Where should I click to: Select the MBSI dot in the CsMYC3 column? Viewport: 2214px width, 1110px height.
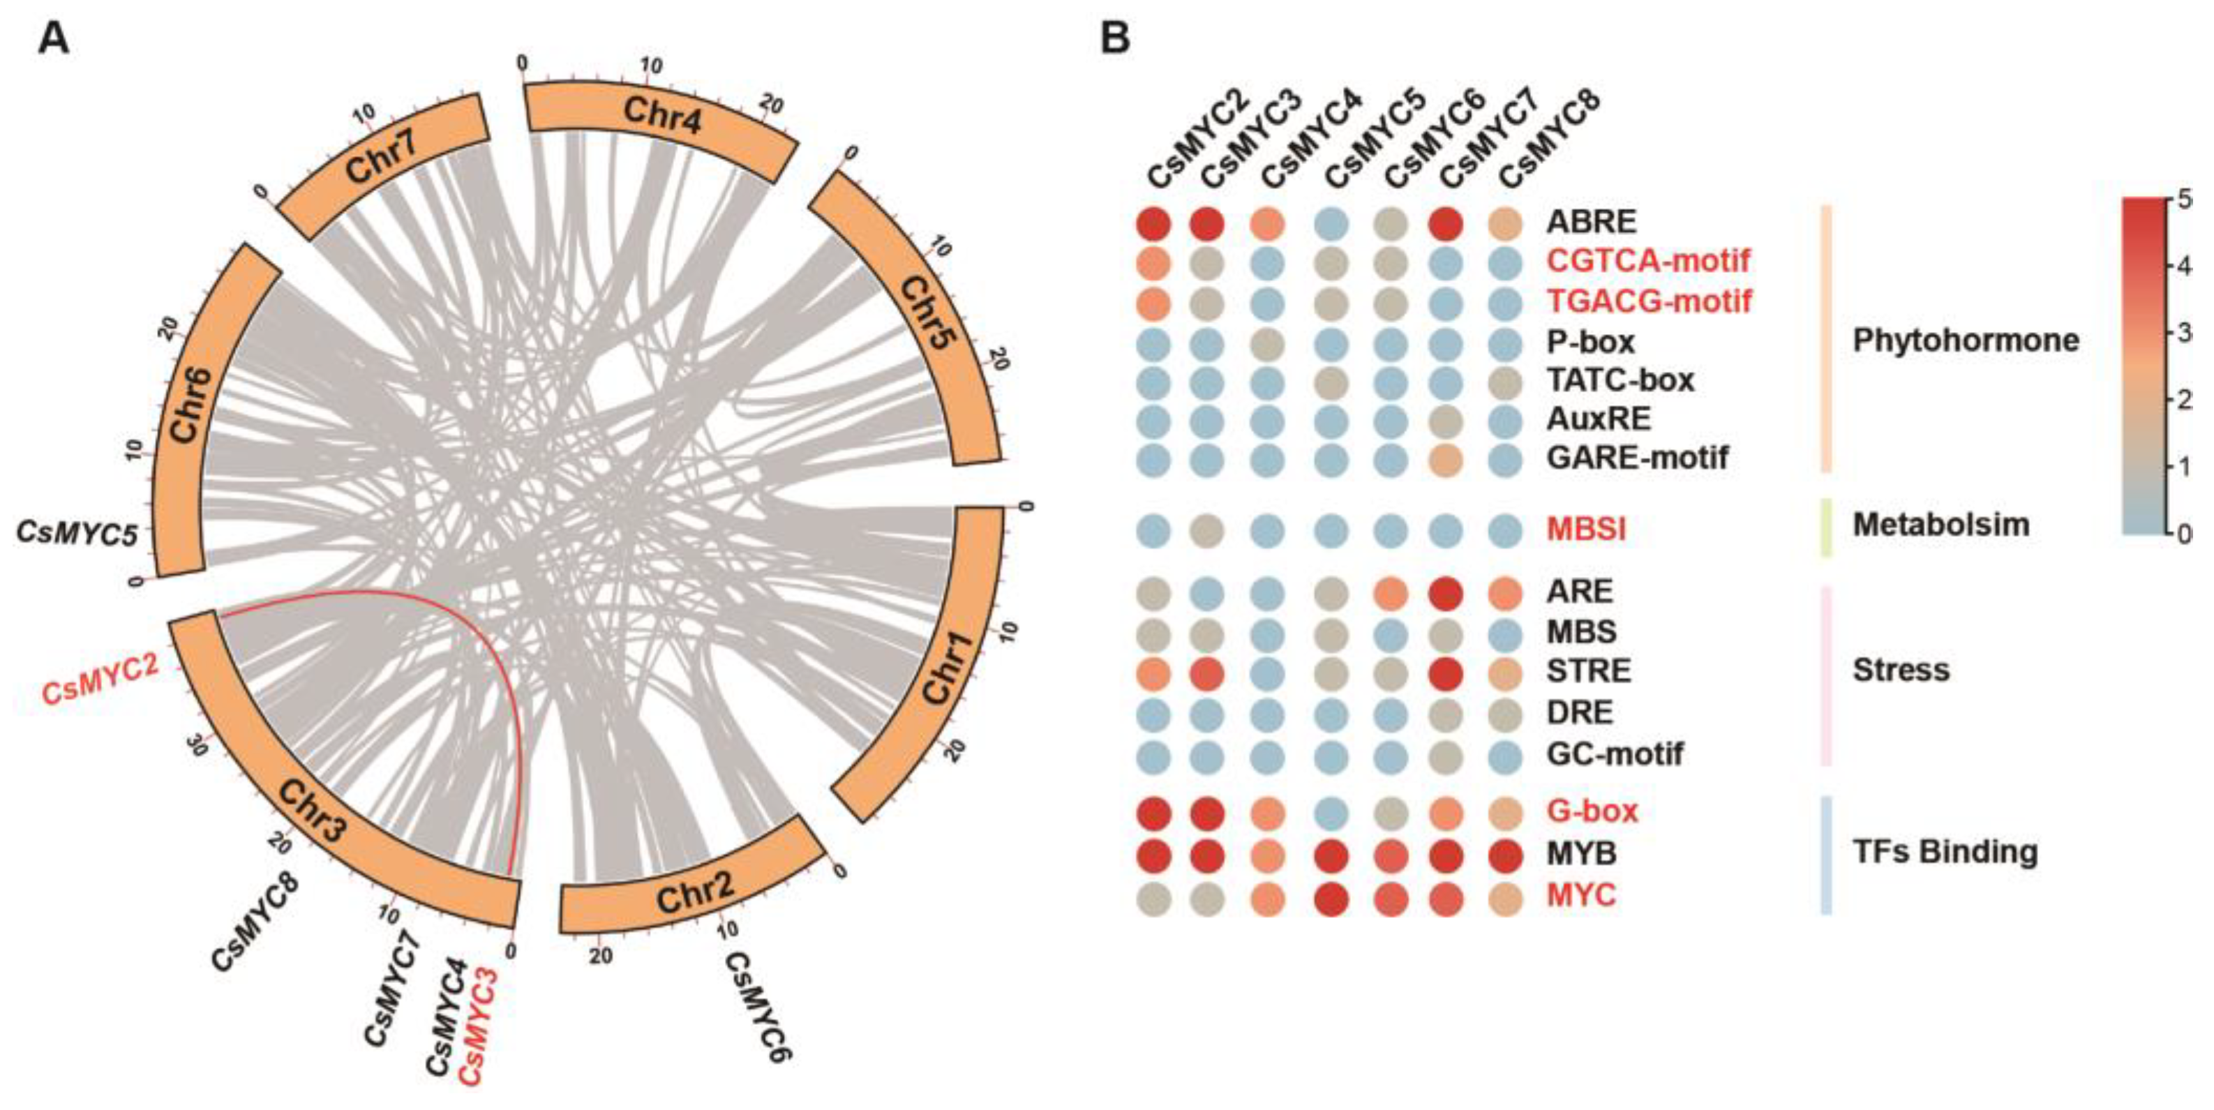[1208, 530]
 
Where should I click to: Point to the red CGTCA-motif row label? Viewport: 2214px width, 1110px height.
[1647, 260]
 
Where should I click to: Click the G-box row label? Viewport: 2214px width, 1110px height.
[1592, 811]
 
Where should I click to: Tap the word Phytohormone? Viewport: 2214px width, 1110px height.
[1966, 340]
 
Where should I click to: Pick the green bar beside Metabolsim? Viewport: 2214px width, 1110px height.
[1826, 527]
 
